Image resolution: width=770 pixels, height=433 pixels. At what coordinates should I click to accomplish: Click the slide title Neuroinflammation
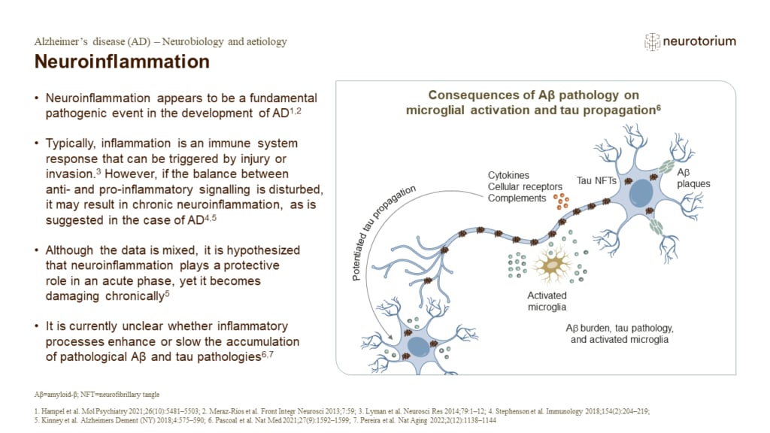click(x=123, y=62)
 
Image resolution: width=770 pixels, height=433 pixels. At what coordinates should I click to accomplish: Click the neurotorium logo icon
click(x=652, y=42)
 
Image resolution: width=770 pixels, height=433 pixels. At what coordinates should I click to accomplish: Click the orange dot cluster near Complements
click(x=561, y=200)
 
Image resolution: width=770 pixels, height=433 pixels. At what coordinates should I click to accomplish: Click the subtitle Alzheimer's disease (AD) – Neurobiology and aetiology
click(x=161, y=41)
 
